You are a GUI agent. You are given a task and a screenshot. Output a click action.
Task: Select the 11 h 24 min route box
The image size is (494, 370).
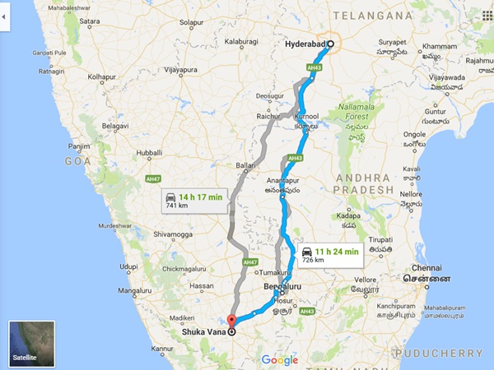[x=329, y=253]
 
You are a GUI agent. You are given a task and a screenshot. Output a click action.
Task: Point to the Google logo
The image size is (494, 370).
[x=280, y=359]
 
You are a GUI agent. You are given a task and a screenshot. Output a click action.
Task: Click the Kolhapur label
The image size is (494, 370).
[x=103, y=77]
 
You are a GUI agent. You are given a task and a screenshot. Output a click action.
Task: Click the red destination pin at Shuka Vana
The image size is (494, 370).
[x=231, y=321]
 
